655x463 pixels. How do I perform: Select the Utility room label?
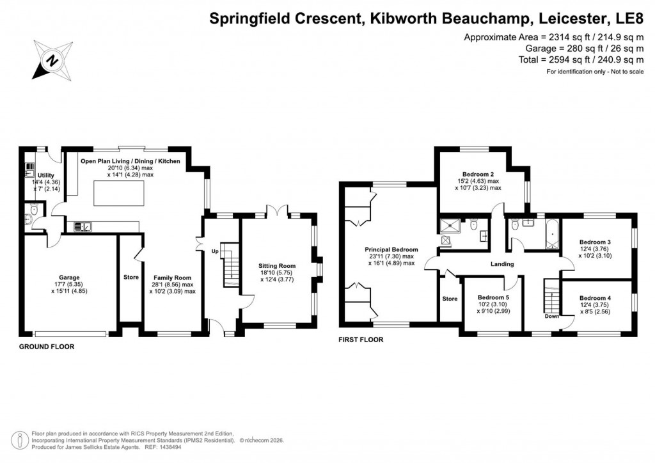(46, 175)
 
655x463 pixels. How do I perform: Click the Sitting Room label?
(277, 265)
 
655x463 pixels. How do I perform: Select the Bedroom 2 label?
(478, 174)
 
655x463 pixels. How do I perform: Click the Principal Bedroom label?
(391, 249)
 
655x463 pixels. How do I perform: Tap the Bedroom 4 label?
(595, 298)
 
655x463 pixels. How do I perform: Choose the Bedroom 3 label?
(595, 242)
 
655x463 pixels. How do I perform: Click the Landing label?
(502, 263)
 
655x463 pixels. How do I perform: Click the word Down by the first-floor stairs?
(552, 316)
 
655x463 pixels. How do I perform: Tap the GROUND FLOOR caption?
(46, 347)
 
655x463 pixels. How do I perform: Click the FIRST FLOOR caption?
(361, 340)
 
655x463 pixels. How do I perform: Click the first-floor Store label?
(450, 298)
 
